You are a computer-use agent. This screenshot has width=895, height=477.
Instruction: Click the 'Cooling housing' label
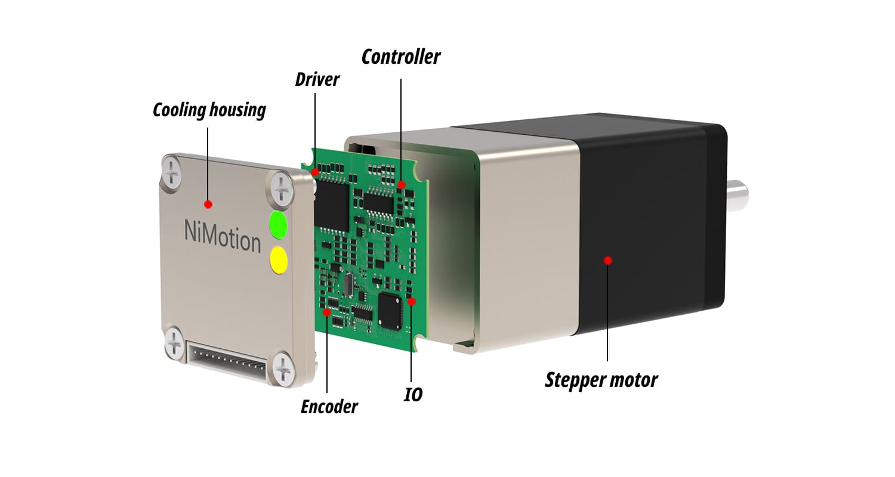(x=209, y=110)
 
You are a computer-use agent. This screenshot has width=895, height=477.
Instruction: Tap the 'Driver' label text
(x=317, y=79)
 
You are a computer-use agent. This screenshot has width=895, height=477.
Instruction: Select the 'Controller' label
(x=401, y=57)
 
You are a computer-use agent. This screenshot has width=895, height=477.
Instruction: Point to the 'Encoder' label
(x=329, y=407)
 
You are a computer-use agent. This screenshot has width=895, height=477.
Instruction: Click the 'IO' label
(x=413, y=395)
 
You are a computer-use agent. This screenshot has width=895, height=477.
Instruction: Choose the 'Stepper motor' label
(x=601, y=380)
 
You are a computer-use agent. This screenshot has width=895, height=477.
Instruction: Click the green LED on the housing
(x=279, y=225)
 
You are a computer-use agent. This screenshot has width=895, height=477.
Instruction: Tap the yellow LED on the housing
(x=279, y=259)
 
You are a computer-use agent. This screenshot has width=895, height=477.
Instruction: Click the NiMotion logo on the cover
(x=222, y=236)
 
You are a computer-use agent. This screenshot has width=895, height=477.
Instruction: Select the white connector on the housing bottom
(x=227, y=361)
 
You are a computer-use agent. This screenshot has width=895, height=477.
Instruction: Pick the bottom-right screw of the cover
(x=283, y=368)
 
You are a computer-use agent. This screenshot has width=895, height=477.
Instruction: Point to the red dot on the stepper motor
(x=608, y=261)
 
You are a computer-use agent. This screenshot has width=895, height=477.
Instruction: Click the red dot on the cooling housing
(x=208, y=205)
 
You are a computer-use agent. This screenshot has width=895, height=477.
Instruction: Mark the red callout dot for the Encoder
(x=327, y=312)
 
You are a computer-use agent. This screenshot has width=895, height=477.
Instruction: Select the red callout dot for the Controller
(x=402, y=184)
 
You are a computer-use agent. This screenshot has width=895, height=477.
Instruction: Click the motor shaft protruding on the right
(x=738, y=196)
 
